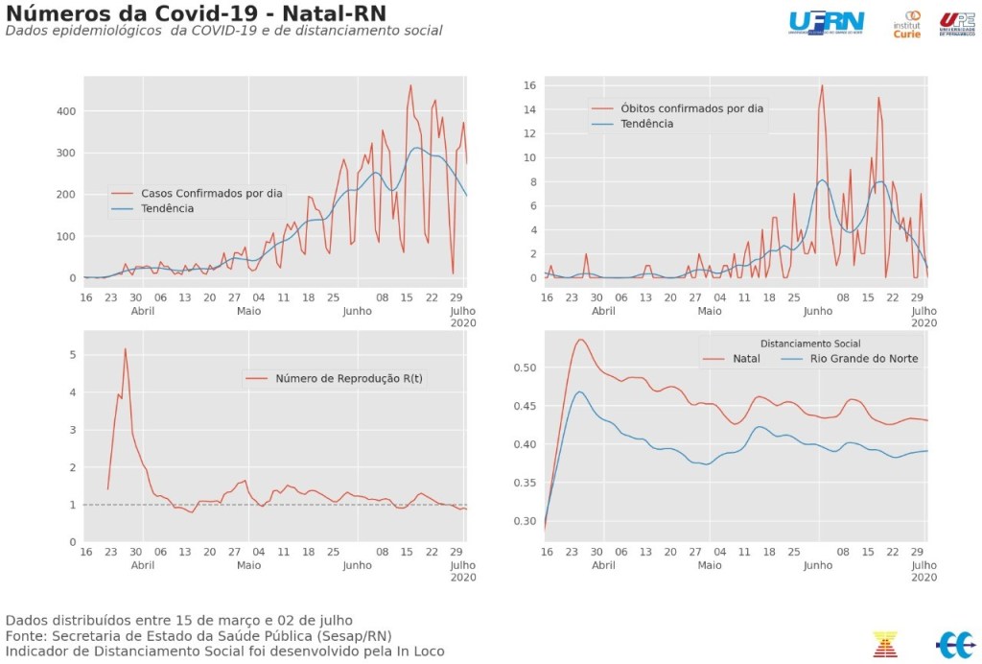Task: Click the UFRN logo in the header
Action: click(x=826, y=22)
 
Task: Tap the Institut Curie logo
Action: click(x=906, y=24)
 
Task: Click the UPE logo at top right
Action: click(x=956, y=24)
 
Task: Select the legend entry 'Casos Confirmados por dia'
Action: click(x=211, y=193)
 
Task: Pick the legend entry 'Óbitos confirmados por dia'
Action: click(x=691, y=108)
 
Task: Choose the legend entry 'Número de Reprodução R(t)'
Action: click(x=348, y=378)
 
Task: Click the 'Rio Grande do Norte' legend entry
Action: click(x=864, y=359)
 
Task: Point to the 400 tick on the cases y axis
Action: click(x=65, y=111)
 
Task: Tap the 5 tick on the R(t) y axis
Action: click(x=71, y=355)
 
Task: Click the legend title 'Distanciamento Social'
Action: click(x=809, y=343)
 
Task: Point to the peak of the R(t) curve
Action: click(x=125, y=348)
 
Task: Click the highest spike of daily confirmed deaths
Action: click(x=822, y=85)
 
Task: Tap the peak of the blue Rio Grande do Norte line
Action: click(x=579, y=391)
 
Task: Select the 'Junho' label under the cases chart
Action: click(x=357, y=311)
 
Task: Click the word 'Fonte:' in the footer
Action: click(x=28, y=635)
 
